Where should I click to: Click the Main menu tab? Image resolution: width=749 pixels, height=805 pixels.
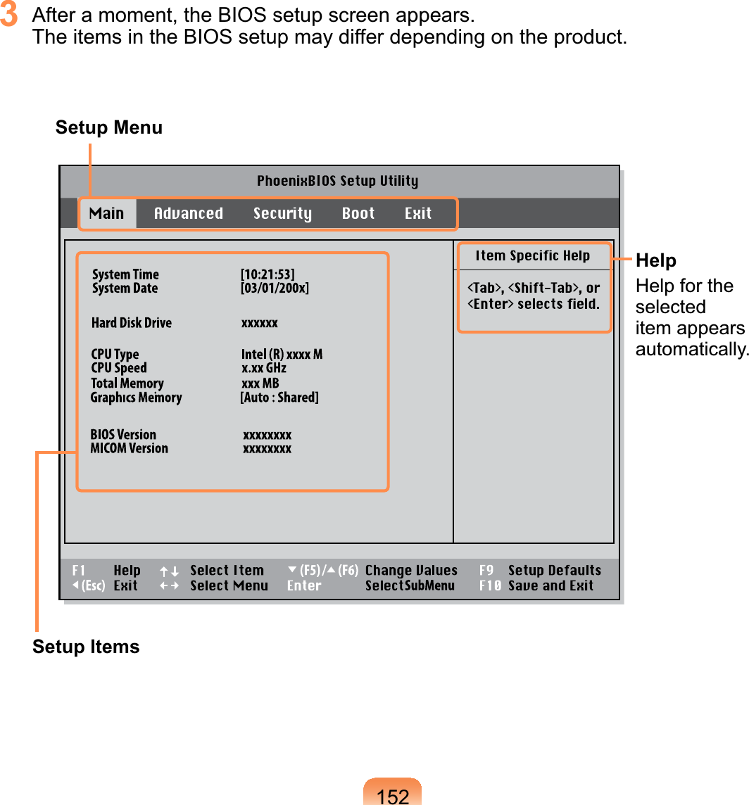[107, 213]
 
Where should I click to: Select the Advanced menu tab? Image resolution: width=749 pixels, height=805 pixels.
[188, 213]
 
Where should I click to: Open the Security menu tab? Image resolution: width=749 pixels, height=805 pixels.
[282, 213]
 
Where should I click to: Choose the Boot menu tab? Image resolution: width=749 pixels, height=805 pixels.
[358, 213]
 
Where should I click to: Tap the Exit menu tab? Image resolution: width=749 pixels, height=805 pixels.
[418, 213]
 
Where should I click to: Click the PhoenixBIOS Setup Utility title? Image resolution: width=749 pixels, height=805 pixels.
[337, 181]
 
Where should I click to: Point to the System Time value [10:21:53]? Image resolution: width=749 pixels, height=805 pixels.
[267, 274]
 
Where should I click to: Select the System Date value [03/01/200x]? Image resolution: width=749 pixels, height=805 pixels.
[275, 288]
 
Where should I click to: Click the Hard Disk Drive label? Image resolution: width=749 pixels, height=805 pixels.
[132, 323]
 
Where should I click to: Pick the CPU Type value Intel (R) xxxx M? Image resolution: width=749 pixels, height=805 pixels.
[282, 354]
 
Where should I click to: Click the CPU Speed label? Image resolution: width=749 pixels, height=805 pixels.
[119, 368]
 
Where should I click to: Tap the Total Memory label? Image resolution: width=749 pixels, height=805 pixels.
[127, 384]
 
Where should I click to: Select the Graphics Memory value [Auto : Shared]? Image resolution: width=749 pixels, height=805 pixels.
[279, 398]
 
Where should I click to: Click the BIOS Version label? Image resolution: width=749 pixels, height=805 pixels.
[123, 434]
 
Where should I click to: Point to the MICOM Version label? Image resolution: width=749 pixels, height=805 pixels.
[130, 448]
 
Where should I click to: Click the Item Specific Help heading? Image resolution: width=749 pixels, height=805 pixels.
[533, 255]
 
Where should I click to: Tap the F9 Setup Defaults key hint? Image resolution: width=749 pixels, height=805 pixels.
[540, 571]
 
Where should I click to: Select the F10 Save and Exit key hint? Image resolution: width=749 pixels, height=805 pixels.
[536, 585]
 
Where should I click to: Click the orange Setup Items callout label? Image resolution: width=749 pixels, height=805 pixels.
[86, 647]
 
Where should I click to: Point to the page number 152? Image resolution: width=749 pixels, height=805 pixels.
[393, 796]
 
